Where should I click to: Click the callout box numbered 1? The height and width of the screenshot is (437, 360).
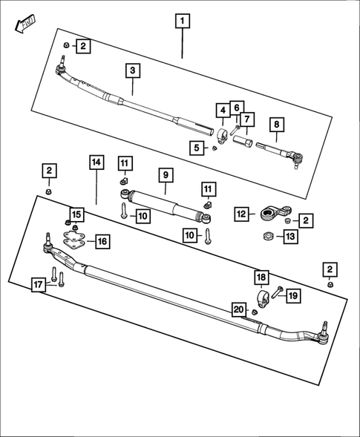tap(182, 21)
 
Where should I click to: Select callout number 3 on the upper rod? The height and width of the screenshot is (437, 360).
tap(132, 71)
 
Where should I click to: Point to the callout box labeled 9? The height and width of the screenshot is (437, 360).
tap(166, 176)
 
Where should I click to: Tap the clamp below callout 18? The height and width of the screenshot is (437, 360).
tap(261, 299)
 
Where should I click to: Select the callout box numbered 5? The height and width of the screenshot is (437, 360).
tap(196, 148)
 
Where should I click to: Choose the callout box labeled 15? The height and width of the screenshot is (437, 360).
tap(77, 214)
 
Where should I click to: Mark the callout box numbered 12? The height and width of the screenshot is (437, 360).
tap(241, 214)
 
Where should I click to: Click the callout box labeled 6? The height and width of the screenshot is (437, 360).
tap(236, 108)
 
